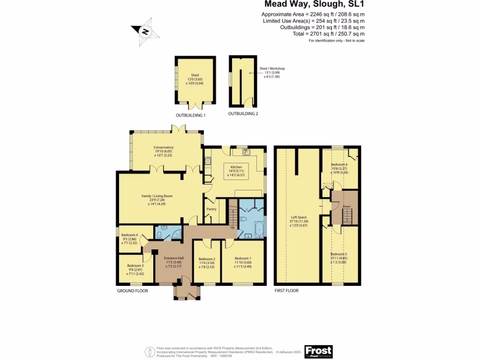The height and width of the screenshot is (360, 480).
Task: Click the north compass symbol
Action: (145, 32)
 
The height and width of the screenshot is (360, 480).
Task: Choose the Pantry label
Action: (211, 209)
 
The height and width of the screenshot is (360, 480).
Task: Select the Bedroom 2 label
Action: (207, 259)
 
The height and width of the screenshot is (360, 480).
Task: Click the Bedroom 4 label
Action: (129, 235)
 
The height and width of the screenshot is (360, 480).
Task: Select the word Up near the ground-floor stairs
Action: (232, 228)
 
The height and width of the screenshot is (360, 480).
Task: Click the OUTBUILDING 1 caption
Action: (190, 115)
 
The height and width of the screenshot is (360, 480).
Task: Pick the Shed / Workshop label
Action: (272, 68)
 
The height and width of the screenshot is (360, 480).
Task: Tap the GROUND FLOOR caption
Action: (133, 291)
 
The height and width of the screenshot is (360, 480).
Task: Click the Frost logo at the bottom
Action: (318, 351)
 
